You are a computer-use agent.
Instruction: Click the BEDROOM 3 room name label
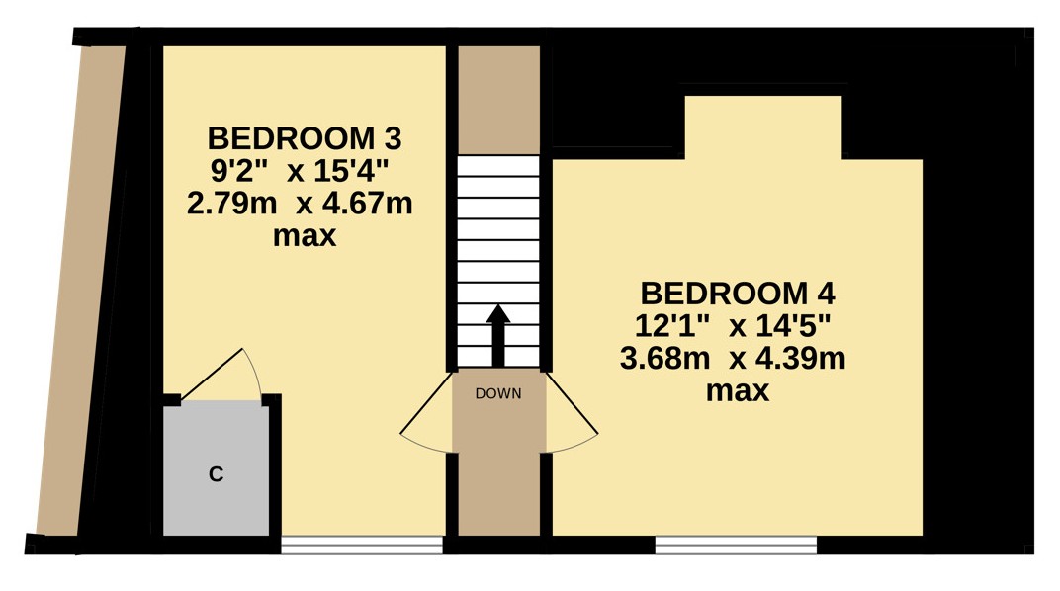point(305,138)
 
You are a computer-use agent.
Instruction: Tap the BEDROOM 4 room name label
point(738,294)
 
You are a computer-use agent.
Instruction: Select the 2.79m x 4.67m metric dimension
point(300,204)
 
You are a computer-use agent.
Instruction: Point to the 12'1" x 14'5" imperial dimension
point(732,326)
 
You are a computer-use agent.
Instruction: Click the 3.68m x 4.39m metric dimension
point(733,359)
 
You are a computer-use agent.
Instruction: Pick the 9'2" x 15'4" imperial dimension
point(301,171)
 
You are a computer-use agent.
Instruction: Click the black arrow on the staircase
point(498,335)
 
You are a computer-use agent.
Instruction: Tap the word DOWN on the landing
point(498,393)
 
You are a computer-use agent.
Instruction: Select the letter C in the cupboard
point(216,474)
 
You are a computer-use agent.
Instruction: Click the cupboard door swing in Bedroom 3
point(223,374)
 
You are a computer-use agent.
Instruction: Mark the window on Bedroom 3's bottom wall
point(362,546)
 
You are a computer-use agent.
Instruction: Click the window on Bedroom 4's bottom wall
point(737,546)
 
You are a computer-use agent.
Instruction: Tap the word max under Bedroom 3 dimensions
point(305,236)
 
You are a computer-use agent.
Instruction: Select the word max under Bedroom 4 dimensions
point(738,391)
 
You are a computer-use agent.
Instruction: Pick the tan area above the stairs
point(499,100)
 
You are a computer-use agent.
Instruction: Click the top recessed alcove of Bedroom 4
point(763,127)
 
